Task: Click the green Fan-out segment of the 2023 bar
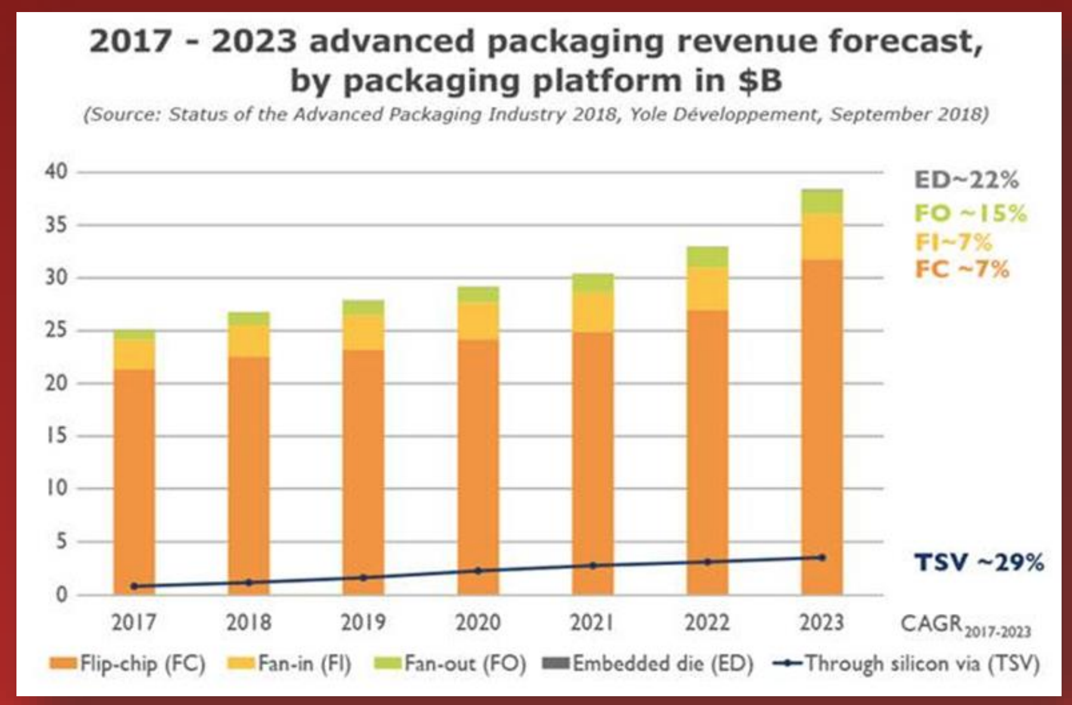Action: [822, 201]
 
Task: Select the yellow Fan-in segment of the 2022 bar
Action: [707, 289]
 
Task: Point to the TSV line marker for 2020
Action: [478, 571]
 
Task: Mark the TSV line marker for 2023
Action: [822, 558]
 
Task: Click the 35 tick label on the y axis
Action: [57, 225]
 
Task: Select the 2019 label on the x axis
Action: [363, 623]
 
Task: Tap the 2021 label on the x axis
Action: [592, 623]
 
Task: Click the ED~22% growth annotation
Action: [966, 180]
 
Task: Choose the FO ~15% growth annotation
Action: [970, 214]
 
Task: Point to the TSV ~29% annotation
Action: [979, 562]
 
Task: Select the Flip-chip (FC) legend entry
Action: [128, 664]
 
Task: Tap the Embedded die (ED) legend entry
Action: [647, 664]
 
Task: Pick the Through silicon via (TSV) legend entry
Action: [906, 664]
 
